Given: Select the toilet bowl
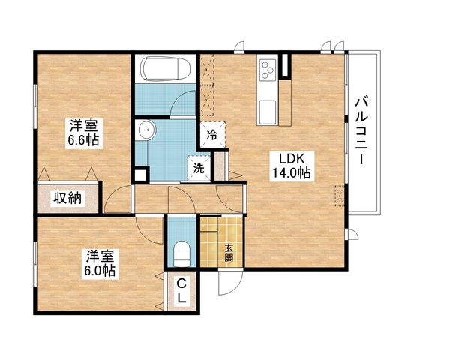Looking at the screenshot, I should coord(179,251).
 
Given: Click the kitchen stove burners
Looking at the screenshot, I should coord(268,70).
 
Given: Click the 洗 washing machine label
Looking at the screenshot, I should coord(199,169).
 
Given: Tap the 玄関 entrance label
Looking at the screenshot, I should coord(229,253).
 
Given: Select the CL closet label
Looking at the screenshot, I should coord(182,290).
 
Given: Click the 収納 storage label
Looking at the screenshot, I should coord(67,199).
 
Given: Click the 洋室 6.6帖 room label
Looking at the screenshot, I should coord(83,133).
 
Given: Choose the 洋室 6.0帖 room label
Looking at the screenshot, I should coord(98,262).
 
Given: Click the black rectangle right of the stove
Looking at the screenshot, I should coord(286,65).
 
